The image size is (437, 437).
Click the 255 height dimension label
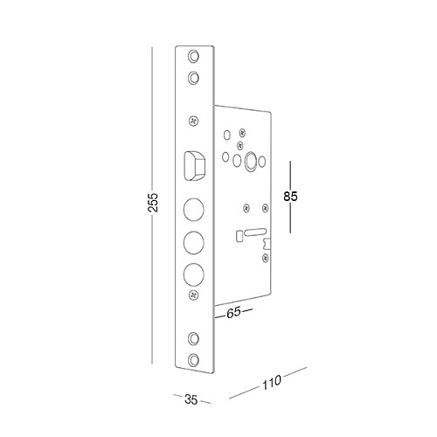(153, 202)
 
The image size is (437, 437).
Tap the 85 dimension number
(290, 197)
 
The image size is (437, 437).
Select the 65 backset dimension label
(234, 312)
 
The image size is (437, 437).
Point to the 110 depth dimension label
(272, 382)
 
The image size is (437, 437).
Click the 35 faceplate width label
(191, 399)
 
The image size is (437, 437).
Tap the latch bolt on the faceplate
(193, 165)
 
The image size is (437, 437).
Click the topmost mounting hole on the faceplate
(193, 56)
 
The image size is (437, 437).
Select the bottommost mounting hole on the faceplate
(193, 359)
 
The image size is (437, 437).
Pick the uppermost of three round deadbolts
(193, 209)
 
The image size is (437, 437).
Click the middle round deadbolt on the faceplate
(193, 242)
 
